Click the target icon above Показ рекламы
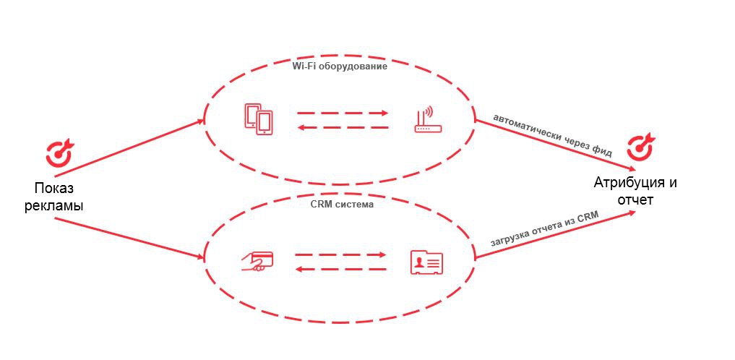59,150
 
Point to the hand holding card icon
257,261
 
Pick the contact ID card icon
426,262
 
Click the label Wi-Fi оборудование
340,67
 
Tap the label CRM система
338,205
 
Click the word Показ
54,189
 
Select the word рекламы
54,205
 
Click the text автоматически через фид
552,135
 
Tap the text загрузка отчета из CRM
543,233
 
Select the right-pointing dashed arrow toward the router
343,113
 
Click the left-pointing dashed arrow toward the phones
343,128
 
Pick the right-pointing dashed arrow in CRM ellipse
340,254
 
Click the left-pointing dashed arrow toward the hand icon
340,269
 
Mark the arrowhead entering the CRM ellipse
199,257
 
